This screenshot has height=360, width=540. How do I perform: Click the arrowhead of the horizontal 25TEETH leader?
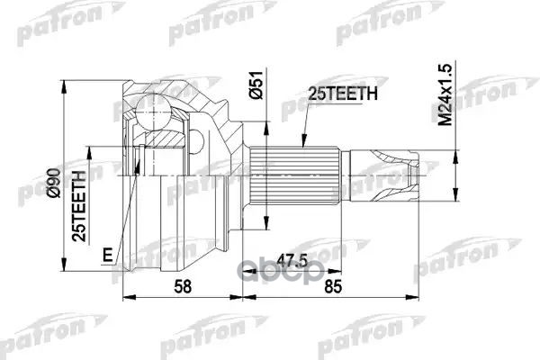click(293, 148)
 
